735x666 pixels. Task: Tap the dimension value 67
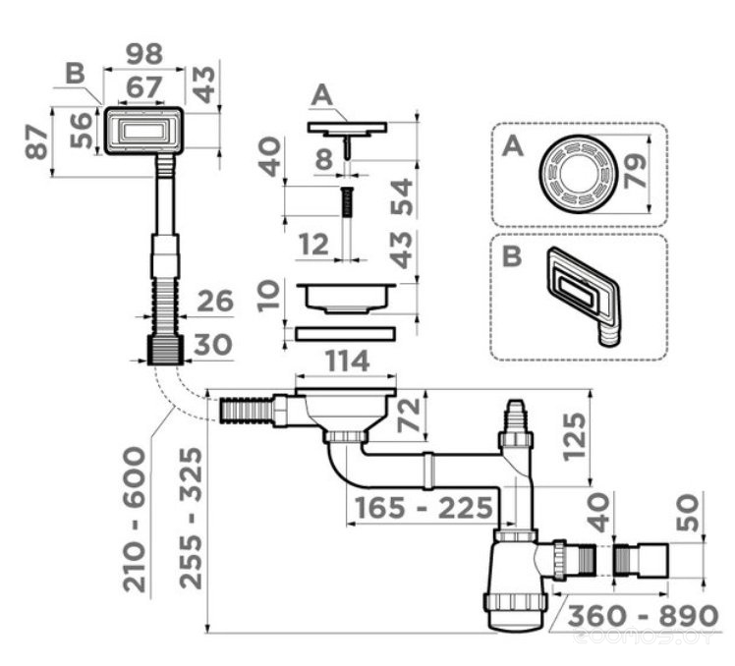(142, 86)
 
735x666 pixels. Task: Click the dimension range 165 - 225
(424, 508)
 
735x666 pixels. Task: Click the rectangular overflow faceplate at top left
(143, 130)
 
